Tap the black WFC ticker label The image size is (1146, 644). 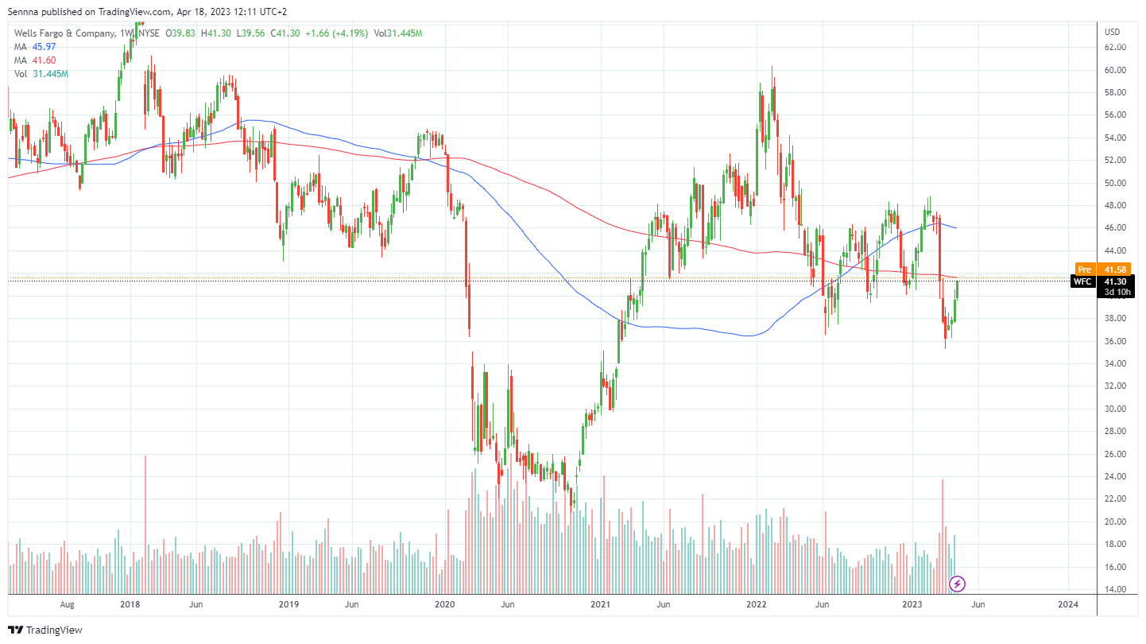(x=1082, y=281)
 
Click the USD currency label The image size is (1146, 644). (x=1112, y=32)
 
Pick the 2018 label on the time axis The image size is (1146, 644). (x=130, y=604)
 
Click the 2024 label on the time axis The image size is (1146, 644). (x=1068, y=604)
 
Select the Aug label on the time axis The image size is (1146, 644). (x=67, y=604)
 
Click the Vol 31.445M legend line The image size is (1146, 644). (x=42, y=74)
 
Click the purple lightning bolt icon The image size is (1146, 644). (x=958, y=584)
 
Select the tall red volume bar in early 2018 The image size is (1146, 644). (x=145, y=525)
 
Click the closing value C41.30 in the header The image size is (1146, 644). (x=285, y=33)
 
